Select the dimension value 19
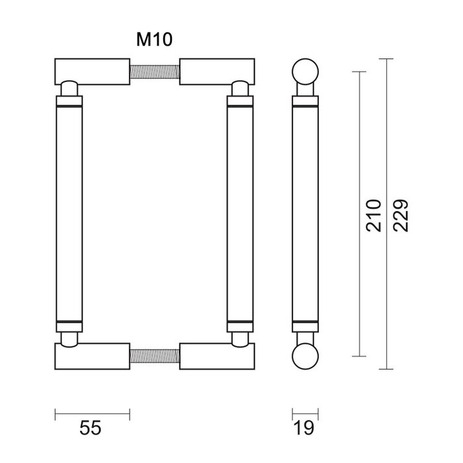304,429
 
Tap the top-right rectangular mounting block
216,71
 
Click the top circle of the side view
304,71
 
